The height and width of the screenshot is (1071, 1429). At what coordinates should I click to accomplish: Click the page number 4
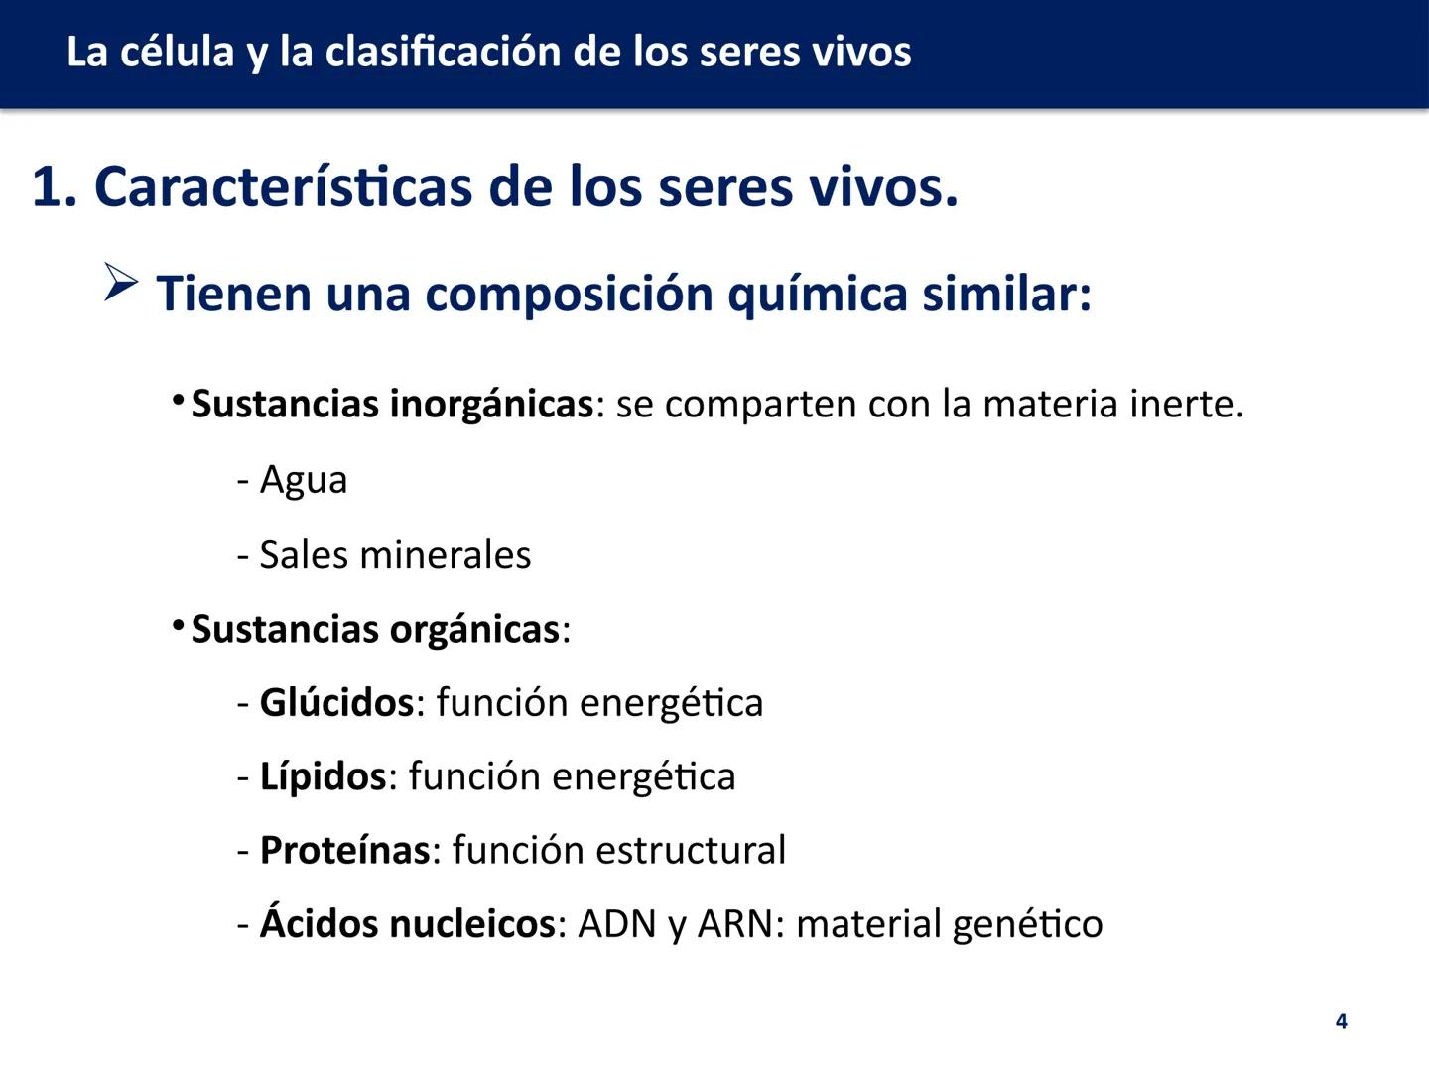(1342, 1021)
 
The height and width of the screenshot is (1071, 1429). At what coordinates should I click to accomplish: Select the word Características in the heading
(283, 186)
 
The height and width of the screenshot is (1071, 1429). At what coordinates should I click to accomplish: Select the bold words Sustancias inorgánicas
(392, 405)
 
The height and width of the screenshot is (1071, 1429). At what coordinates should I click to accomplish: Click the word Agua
(303, 480)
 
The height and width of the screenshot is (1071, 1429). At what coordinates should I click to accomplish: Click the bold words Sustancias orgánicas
(375, 630)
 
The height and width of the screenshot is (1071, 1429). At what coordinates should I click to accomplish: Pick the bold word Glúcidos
(335, 703)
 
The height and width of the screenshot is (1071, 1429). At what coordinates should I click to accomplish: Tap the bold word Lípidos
(322, 776)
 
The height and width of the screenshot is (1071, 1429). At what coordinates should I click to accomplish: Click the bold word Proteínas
(344, 851)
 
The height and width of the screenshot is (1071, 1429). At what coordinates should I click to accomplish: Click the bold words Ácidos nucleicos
(407, 924)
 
